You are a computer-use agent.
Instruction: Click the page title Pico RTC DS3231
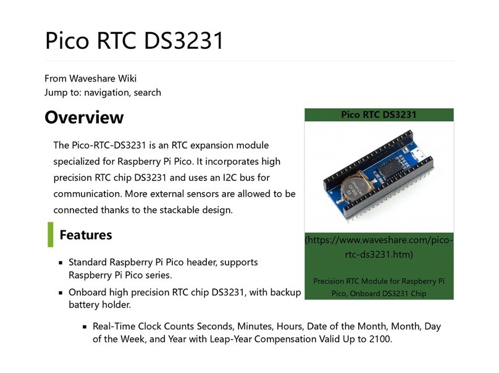point(134,40)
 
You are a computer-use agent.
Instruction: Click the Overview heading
point(84,117)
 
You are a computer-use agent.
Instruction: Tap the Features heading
point(86,235)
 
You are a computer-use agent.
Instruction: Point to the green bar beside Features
point(50,235)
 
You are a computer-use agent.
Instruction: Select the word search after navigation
point(148,93)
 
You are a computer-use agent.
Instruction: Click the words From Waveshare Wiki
point(90,78)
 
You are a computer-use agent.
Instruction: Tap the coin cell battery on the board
point(356,186)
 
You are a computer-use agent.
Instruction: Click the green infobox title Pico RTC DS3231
point(379,115)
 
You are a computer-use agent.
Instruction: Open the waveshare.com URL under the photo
point(379,247)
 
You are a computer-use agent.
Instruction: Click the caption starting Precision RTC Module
point(379,287)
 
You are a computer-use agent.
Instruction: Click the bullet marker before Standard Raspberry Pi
point(61,262)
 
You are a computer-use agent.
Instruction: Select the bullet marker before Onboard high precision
point(61,293)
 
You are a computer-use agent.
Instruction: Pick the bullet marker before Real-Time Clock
point(85,327)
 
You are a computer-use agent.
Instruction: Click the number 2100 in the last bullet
point(380,339)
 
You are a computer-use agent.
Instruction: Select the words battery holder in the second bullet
point(99,305)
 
